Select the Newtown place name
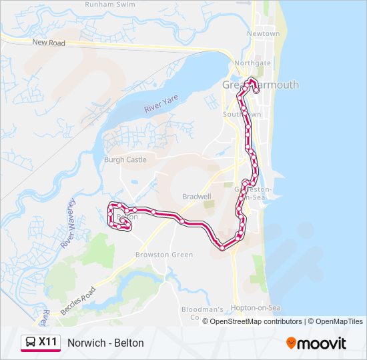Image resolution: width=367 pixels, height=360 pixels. tap(263, 33)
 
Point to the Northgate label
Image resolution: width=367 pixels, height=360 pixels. tap(252, 63)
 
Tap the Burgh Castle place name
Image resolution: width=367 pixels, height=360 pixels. tap(125, 160)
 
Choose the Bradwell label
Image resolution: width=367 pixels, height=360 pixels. tap(197, 197)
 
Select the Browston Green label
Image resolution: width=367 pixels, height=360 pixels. tap(164, 255)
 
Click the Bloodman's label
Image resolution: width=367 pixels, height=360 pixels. tap(204, 309)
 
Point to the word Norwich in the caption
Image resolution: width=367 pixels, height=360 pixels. tap(87, 343)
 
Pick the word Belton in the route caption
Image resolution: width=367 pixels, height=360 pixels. tap(129, 343)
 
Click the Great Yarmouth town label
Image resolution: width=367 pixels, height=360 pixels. tap(260, 85)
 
